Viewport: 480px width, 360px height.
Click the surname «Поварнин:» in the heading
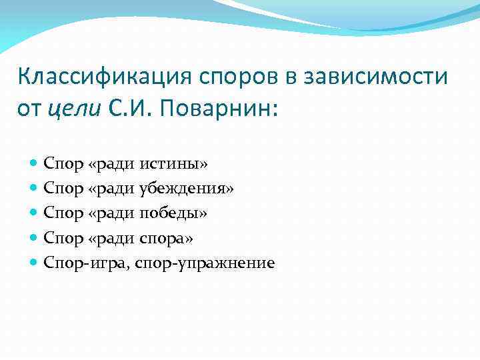[219, 107]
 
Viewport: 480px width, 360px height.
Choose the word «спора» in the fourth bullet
[168, 238]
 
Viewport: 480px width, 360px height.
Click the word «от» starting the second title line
[30, 107]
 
